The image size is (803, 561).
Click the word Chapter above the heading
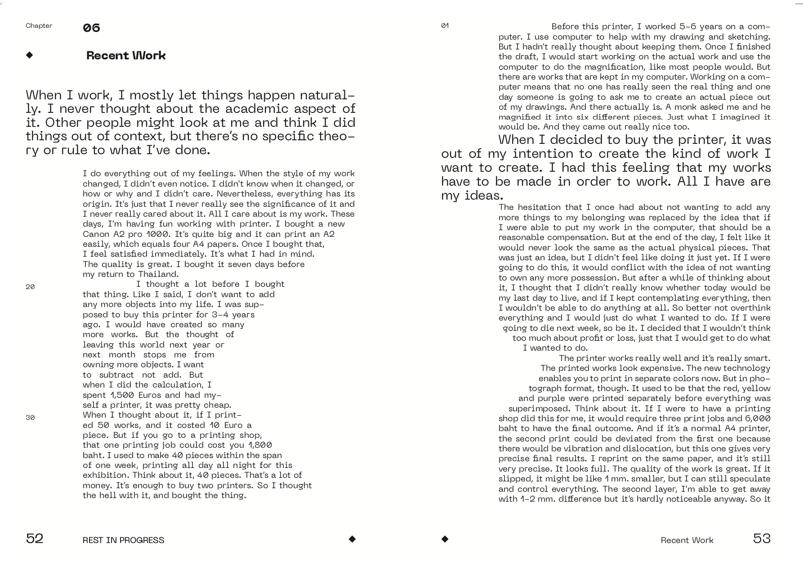click(x=39, y=26)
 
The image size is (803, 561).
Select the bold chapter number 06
click(x=91, y=28)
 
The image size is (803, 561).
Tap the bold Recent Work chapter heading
click(x=126, y=55)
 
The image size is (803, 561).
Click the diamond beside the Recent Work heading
click(x=30, y=55)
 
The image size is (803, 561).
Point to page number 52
click(x=35, y=539)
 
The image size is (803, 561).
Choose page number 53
click(x=762, y=539)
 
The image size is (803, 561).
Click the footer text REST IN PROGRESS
click(x=123, y=540)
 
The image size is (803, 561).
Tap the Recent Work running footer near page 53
click(x=687, y=540)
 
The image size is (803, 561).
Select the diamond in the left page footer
click(x=352, y=539)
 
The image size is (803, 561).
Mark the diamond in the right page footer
click(x=445, y=539)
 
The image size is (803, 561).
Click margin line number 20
click(x=30, y=287)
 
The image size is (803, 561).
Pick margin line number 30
click(x=30, y=418)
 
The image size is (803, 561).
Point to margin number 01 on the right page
click(x=445, y=26)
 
